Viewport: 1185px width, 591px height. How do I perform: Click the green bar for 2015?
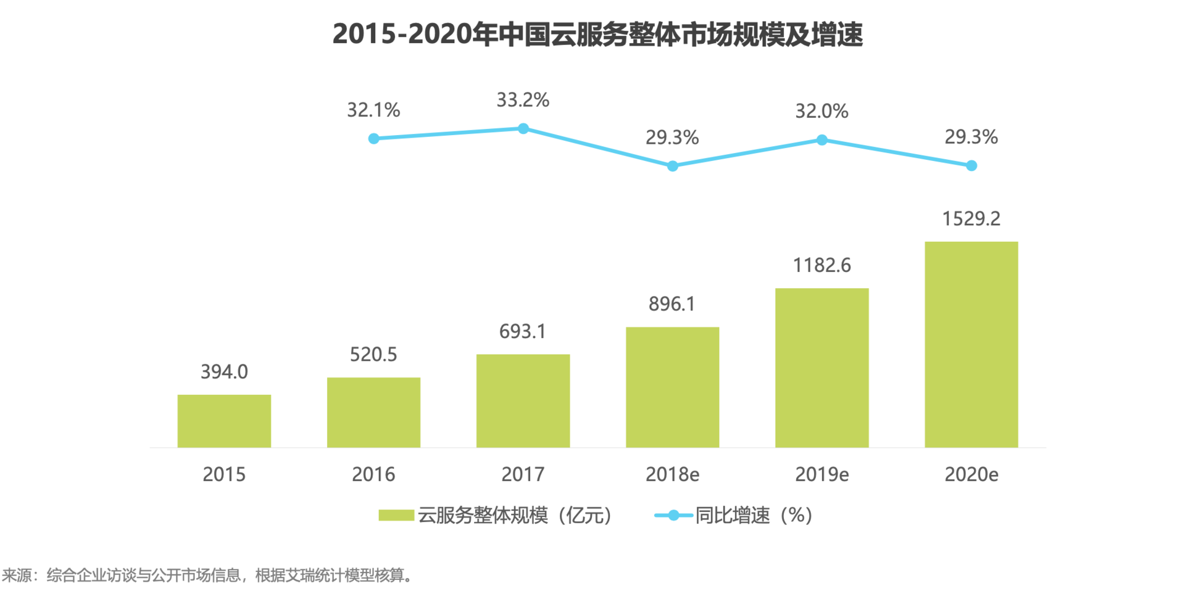coord(224,421)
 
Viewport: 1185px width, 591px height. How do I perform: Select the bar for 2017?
coord(523,400)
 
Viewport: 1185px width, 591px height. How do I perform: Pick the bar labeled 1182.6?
coord(821,368)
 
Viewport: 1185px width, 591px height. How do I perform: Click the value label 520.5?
coord(373,354)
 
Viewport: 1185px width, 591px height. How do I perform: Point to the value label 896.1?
coord(671,304)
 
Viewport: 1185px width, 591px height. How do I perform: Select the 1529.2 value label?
coord(971,218)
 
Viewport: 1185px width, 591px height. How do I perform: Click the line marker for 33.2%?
coord(523,128)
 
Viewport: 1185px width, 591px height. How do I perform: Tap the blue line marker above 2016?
coord(373,139)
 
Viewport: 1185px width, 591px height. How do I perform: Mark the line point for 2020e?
coord(971,165)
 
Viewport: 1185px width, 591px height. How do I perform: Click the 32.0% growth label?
coord(821,111)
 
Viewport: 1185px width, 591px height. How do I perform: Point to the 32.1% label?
coord(373,110)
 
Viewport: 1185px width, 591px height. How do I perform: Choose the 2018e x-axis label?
coord(672,474)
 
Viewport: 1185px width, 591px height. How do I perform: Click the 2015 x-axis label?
coord(224,474)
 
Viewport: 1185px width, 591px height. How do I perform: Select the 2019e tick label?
coord(821,474)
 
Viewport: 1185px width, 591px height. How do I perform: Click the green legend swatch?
coord(396,515)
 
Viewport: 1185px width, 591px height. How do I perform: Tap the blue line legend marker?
coord(673,515)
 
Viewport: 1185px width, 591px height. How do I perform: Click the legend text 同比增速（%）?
coord(754,515)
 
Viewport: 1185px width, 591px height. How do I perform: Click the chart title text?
coord(597,34)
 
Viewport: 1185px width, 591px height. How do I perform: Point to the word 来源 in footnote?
coord(17,575)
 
